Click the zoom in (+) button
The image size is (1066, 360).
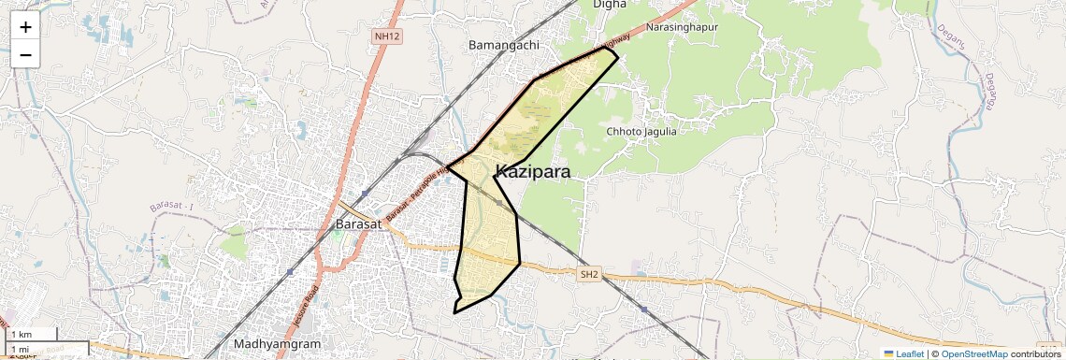(25, 27)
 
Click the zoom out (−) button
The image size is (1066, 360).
(25, 54)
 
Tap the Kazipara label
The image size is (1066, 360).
(533, 171)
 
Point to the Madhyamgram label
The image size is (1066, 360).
(277, 343)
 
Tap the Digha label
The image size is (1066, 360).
(611, 5)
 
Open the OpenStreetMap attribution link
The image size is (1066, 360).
(973, 353)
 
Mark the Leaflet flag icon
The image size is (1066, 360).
(889, 353)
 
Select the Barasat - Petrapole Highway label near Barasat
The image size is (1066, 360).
(416, 191)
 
